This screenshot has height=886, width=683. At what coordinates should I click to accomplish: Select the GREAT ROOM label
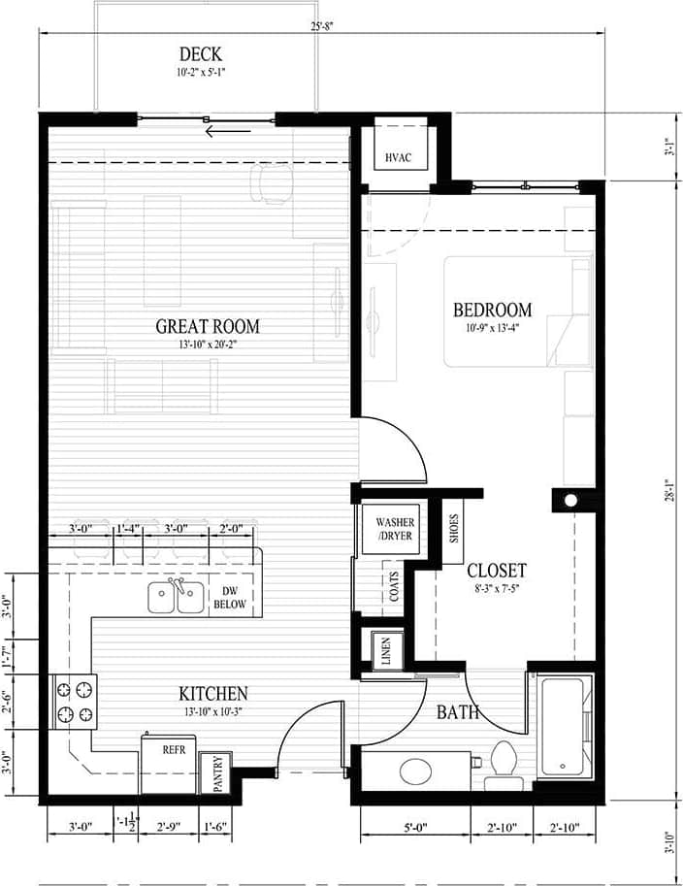tap(208, 326)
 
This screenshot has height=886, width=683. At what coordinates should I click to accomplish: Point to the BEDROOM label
tap(493, 310)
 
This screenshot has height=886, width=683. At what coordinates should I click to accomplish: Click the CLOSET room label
tap(496, 571)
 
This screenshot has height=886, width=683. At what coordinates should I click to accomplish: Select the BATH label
tap(457, 713)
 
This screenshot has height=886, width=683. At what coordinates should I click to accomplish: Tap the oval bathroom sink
tap(418, 772)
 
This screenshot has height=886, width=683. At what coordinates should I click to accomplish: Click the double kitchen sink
tap(177, 597)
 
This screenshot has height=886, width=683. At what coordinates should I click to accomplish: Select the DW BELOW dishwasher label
tap(231, 597)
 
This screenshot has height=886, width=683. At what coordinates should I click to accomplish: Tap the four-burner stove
tap(75, 703)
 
